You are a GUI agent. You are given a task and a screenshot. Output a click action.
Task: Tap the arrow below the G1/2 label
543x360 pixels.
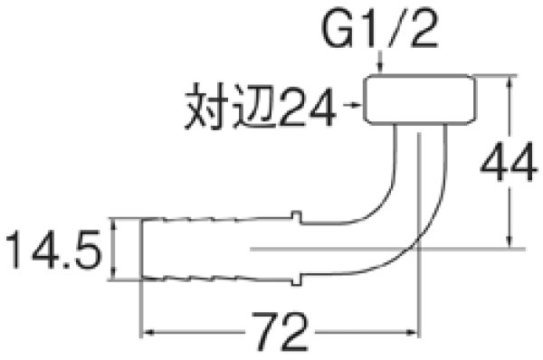pyautogui.click(x=384, y=65)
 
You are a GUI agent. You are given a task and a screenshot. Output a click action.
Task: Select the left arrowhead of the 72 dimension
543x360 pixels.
pyautogui.click(x=145, y=330)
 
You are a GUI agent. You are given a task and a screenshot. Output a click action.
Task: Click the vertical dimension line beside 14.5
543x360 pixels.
pyautogui.click(x=115, y=249)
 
